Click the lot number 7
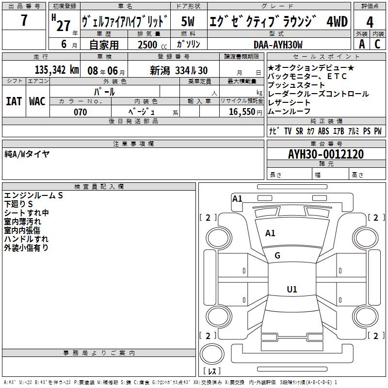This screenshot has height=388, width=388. (24, 21)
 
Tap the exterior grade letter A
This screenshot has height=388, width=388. (361, 44)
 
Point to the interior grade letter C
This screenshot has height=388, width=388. (377, 44)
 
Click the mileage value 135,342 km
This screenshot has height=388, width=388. (56, 69)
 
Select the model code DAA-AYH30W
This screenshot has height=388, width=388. (277, 45)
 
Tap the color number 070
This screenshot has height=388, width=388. (80, 112)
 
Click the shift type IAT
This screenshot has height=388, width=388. (14, 101)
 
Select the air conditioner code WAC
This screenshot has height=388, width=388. (37, 101)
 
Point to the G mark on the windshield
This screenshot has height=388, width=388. (277, 256)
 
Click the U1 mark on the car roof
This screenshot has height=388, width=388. (291, 290)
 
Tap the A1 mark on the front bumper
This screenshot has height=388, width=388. (237, 198)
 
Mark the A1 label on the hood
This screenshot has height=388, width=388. (270, 233)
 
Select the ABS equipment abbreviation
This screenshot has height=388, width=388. (323, 131)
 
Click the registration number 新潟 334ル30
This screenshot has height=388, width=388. (178, 70)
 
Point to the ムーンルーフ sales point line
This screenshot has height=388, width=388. (290, 112)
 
